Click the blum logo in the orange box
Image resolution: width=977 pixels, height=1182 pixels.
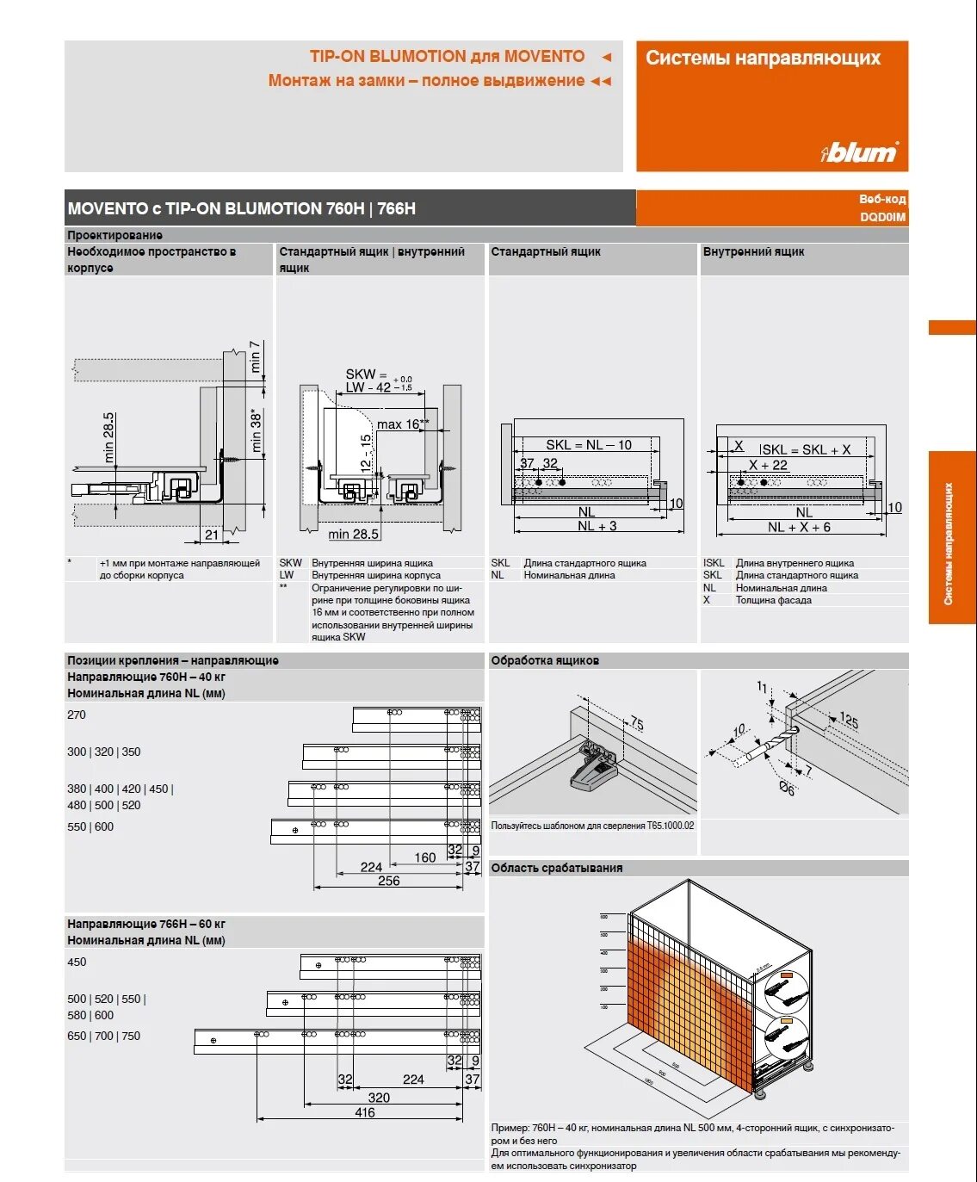[x=860, y=152]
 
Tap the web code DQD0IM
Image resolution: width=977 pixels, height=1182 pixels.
[x=882, y=217]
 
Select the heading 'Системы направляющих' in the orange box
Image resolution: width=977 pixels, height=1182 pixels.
[x=763, y=58]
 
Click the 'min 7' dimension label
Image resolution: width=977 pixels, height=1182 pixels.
[x=255, y=356]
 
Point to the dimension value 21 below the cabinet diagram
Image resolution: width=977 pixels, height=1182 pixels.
[x=211, y=535]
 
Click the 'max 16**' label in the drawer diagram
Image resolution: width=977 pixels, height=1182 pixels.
[x=403, y=424]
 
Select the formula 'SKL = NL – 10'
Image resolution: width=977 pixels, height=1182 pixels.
[x=588, y=445]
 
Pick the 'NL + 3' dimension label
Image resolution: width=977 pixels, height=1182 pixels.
[x=597, y=526]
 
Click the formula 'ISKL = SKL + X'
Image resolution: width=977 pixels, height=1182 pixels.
[x=804, y=449]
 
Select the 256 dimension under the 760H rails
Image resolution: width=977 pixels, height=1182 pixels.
[x=388, y=881]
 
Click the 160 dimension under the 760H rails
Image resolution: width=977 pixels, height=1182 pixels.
[x=424, y=857]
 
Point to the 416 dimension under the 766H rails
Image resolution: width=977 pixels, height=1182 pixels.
[x=364, y=1112]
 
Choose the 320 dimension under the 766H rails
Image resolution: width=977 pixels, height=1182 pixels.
[x=379, y=1098]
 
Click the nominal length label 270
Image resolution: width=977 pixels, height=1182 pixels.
[x=77, y=715]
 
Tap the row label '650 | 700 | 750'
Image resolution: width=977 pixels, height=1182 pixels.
[x=103, y=1036]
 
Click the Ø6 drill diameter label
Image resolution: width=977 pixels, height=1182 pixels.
[x=787, y=788]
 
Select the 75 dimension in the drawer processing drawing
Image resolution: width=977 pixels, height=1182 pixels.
[x=636, y=723]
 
